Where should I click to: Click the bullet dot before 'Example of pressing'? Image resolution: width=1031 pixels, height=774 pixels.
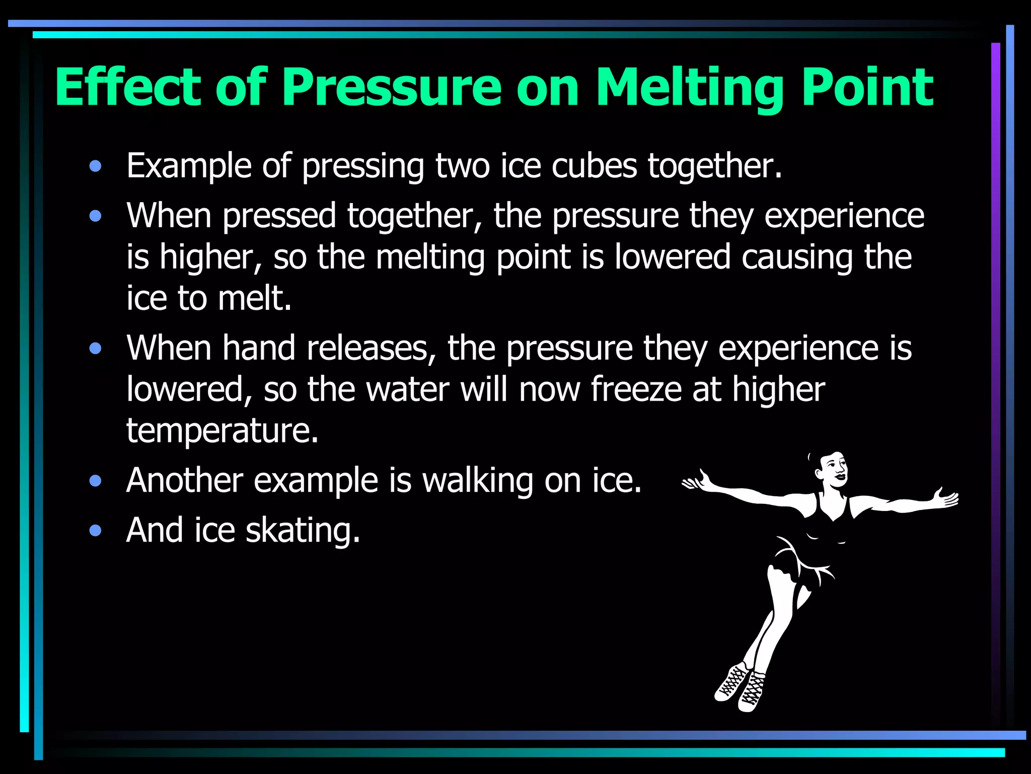[95, 166]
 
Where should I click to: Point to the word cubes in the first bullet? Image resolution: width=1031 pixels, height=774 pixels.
[594, 166]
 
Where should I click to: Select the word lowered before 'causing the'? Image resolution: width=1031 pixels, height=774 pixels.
[672, 257]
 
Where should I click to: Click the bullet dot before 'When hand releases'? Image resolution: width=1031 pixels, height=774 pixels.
[95, 349]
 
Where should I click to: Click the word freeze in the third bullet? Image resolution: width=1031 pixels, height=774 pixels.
[636, 390]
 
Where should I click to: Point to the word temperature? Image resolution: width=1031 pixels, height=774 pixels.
[222, 431]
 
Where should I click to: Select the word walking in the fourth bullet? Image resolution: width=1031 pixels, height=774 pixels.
[477, 481]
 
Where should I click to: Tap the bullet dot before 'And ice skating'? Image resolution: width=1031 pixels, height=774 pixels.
[95, 531]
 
